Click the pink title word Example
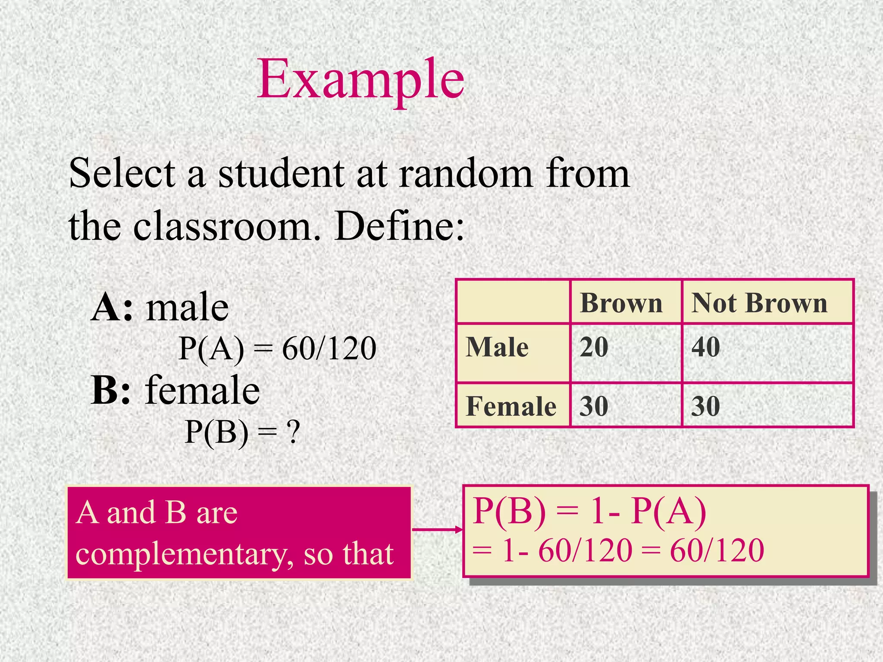pos(360,80)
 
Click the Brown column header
pos(621,303)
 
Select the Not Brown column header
pos(759,303)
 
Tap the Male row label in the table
pos(497,347)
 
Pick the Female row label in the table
pos(511,406)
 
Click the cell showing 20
pos(594,347)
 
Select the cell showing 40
pos(706,347)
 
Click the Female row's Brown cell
pos(594,406)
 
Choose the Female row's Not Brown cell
pos(706,406)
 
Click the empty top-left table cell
pos(513,302)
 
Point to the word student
pos(281,174)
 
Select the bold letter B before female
pos(105,390)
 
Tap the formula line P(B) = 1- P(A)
pos(589,512)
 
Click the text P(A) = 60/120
pos(277,348)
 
